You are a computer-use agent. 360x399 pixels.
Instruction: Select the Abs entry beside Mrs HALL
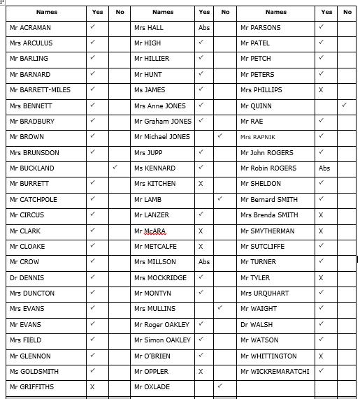click(203, 28)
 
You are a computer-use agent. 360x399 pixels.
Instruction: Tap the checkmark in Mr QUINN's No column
click(345, 105)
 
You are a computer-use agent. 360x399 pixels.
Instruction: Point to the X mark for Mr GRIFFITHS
click(92, 387)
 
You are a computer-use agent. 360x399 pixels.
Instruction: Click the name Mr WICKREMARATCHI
click(275, 372)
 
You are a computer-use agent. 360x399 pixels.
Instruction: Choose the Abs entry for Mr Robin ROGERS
click(324, 168)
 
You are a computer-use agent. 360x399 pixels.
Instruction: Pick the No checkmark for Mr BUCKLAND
click(115, 168)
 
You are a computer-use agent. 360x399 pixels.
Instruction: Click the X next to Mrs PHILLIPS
click(321, 90)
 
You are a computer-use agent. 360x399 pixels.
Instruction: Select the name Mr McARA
click(150, 231)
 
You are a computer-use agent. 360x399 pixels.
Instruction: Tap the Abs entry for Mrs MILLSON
click(203, 262)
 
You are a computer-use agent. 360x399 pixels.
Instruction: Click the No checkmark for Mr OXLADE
click(219, 386)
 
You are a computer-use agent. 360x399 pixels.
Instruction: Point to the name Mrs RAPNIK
click(257, 137)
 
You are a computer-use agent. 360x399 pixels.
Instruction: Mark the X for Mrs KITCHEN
click(201, 184)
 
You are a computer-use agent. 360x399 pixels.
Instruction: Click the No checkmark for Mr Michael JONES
click(219, 136)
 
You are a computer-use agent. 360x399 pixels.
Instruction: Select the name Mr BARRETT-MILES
click(40, 90)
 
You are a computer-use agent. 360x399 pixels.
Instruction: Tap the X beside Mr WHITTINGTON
click(321, 356)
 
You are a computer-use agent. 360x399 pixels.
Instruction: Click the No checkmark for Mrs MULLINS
click(219, 308)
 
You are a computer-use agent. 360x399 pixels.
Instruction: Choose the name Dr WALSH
click(256, 325)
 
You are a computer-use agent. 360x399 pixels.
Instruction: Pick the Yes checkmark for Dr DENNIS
click(92, 277)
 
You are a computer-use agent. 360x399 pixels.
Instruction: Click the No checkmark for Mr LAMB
click(219, 199)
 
